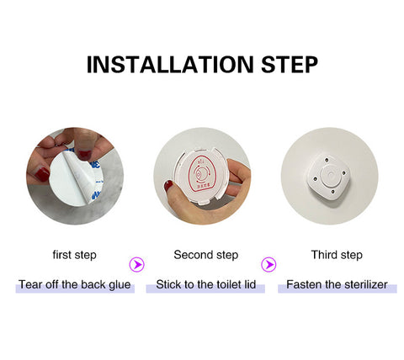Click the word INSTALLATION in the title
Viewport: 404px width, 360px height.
coord(170,65)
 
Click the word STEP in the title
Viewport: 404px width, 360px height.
coord(290,65)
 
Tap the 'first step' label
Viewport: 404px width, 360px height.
coord(74,255)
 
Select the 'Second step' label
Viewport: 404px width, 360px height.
coord(206,255)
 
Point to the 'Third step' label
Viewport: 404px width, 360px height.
coord(337,255)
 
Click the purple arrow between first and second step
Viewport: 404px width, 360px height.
coord(136,264)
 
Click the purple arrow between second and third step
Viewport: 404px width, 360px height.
coord(268,264)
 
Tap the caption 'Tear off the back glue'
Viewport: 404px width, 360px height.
coord(75,284)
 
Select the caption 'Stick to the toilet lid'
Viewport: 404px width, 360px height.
coord(205,284)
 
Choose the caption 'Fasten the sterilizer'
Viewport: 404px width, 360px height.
coord(337,284)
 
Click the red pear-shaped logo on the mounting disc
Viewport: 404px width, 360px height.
coord(202,174)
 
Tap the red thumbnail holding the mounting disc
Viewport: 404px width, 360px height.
coord(168,185)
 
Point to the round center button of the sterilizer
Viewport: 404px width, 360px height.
coord(331,176)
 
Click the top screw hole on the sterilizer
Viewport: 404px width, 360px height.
coord(327,160)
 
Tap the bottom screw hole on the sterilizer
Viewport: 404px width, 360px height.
coord(332,192)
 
